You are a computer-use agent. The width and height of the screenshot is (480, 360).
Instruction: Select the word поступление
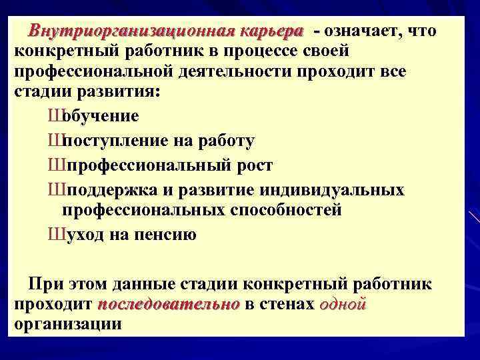(117, 141)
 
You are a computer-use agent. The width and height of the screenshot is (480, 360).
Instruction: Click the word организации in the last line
(67, 325)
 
